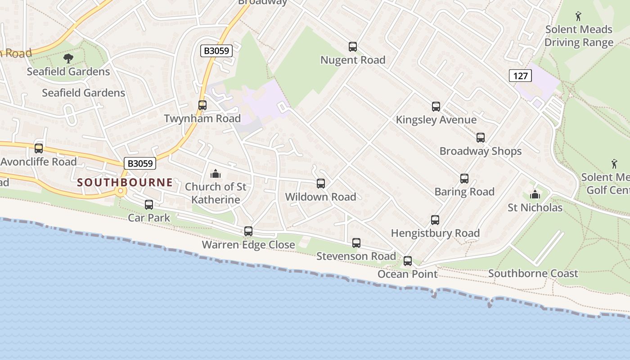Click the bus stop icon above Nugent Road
353,46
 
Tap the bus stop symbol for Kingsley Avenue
436,106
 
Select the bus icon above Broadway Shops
480,137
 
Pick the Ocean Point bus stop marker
407,261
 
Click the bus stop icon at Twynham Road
202,105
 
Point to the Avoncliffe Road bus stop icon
39,148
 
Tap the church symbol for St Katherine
216,173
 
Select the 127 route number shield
520,76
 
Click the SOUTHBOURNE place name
125,182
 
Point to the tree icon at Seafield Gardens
68,58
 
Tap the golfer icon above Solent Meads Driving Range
579,17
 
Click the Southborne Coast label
533,274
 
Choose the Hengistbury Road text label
435,233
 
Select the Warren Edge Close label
248,245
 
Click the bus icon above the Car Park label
149,205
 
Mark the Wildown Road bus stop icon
320,183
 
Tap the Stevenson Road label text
356,256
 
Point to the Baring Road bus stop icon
464,179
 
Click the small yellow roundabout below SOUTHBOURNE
120,192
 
